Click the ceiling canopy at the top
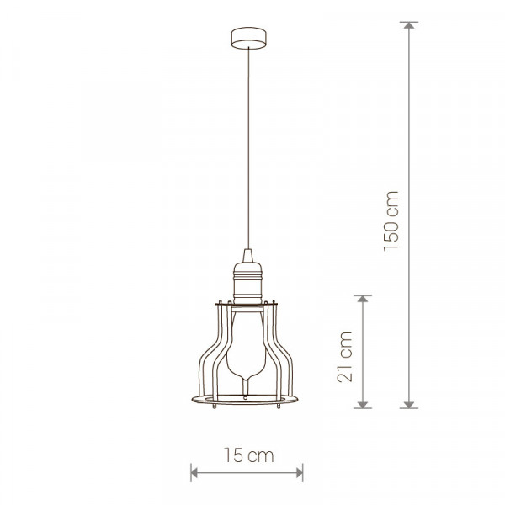click(x=248, y=38)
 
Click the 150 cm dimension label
click(x=391, y=221)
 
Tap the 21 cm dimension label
click(x=344, y=357)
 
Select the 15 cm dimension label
click(x=248, y=455)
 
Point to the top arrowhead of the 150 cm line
click(x=409, y=25)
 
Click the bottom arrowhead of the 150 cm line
click(x=409, y=405)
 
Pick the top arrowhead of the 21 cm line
click(x=363, y=299)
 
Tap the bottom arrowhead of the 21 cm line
click(x=363, y=405)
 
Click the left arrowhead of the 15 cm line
click(x=194, y=473)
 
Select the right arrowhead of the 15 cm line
click(x=300, y=473)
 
